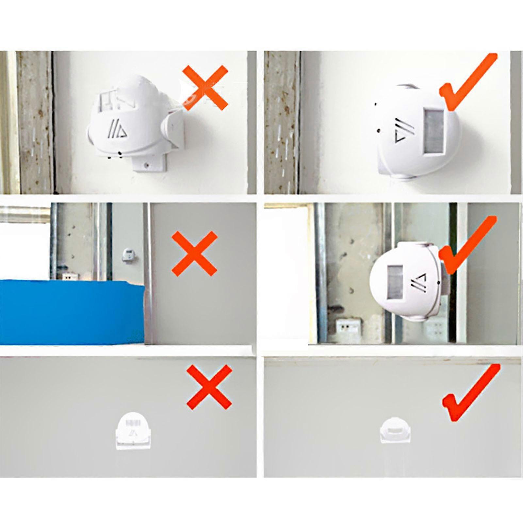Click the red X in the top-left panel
pyautogui.click(x=205, y=87)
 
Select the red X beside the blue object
pyautogui.click(x=195, y=253)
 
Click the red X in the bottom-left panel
pyautogui.click(x=209, y=387)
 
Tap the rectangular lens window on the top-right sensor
pyautogui.click(x=434, y=131)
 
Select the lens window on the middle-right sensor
pyautogui.click(x=396, y=282)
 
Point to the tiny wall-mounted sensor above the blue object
pyautogui.click(x=128, y=254)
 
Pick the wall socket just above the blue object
pyautogui.click(x=71, y=276)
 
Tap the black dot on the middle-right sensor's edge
pyautogui.click(x=438, y=282)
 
